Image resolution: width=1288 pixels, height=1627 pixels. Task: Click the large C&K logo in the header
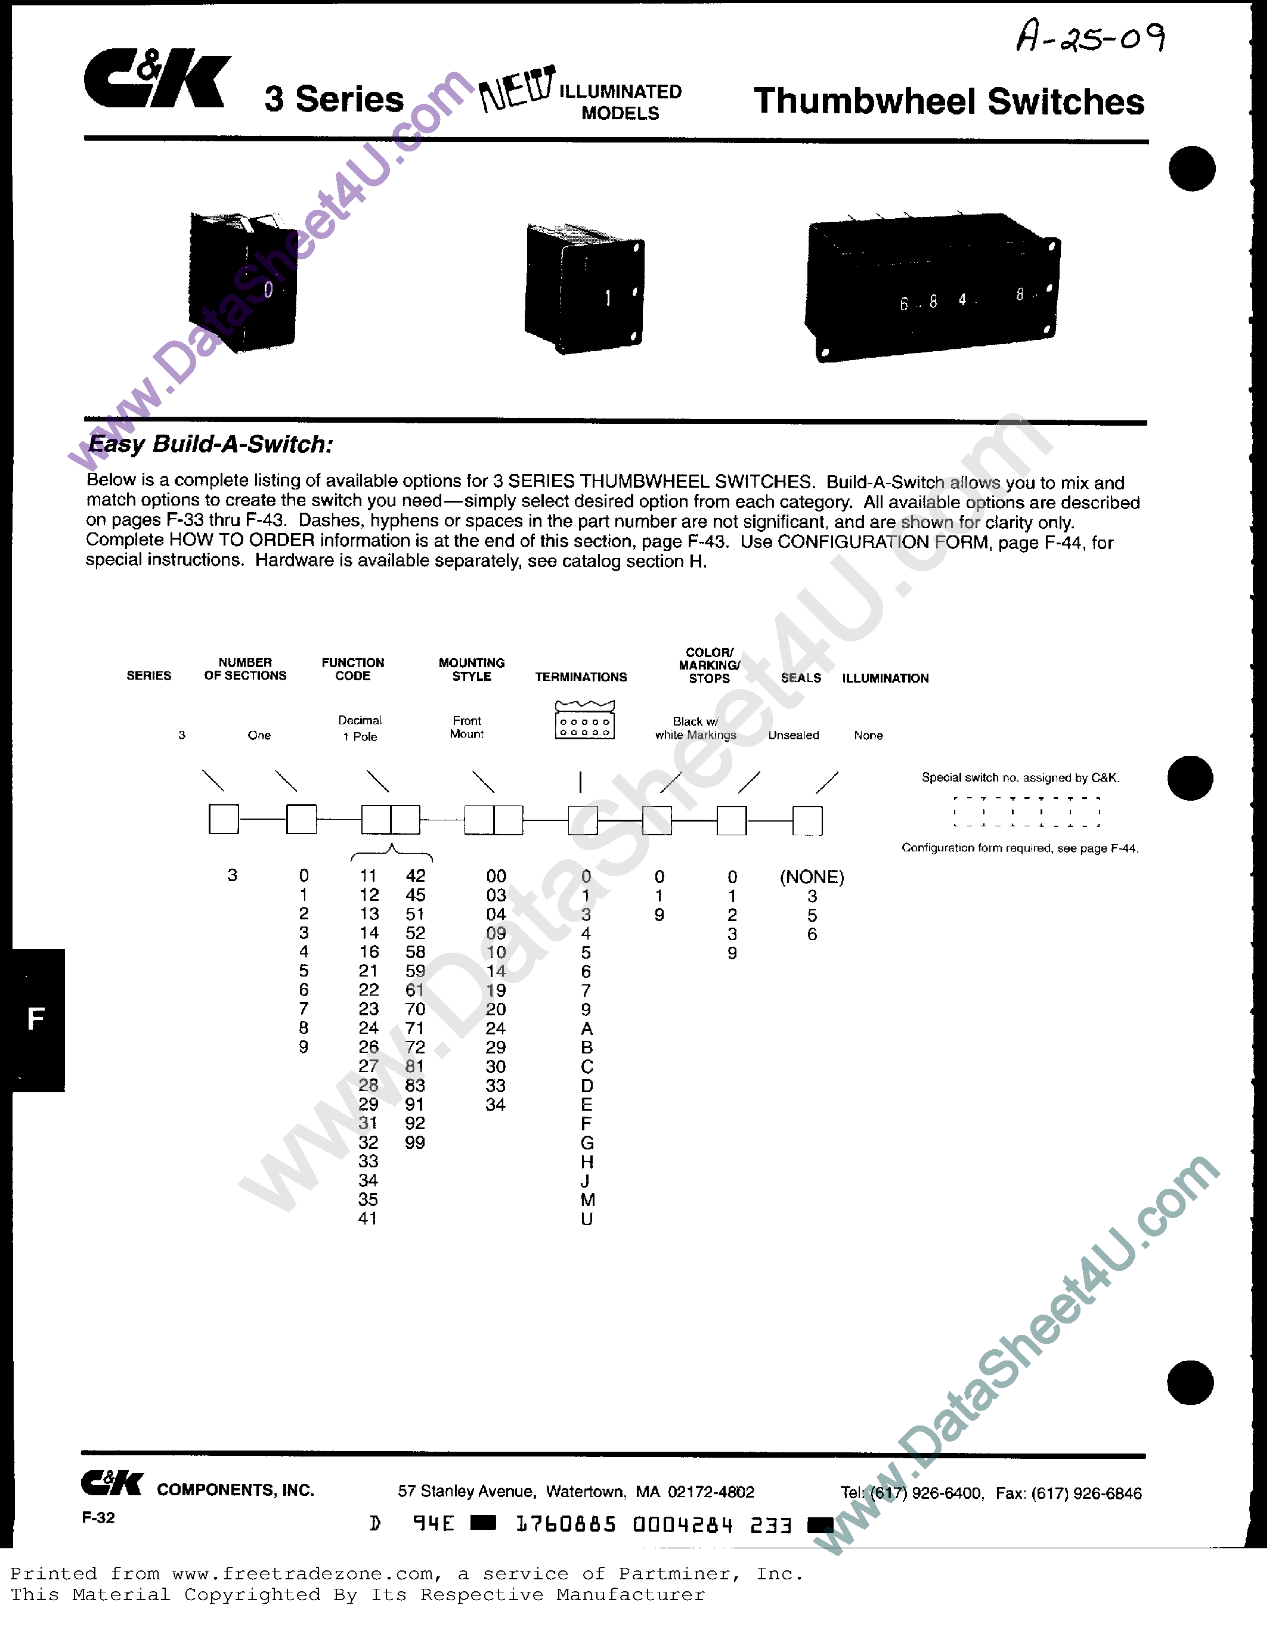(x=157, y=79)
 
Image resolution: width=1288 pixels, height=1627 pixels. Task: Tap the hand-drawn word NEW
(x=518, y=89)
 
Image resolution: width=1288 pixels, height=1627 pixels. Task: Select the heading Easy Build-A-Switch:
(x=210, y=444)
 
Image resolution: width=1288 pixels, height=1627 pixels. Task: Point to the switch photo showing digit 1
(x=584, y=290)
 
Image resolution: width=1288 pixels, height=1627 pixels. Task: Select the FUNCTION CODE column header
(x=353, y=669)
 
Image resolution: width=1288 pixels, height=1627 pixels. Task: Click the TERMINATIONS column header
(x=581, y=677)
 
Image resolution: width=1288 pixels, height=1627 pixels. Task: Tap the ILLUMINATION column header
(x=885, y=678)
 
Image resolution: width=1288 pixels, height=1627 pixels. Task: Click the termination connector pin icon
(x=584, y=721)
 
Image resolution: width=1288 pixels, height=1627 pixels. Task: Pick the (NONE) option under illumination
(x=812, y=877)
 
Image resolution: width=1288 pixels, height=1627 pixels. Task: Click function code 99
(x=415, y=1142)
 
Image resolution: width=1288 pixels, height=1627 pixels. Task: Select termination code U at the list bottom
(x=587, y=1219)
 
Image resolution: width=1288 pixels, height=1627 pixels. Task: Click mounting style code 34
(x=496, y=1105)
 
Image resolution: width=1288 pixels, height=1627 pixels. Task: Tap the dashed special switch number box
(x=1026, y=812)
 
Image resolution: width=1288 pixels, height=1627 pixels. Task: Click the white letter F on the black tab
(x=35, y=1019)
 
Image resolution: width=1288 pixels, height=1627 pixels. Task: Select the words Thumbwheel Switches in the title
(x=949, y=102)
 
